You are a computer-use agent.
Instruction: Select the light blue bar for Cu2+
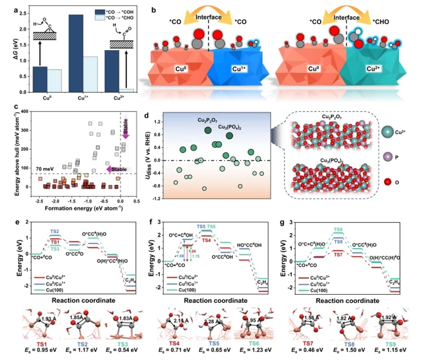point(127,90)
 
